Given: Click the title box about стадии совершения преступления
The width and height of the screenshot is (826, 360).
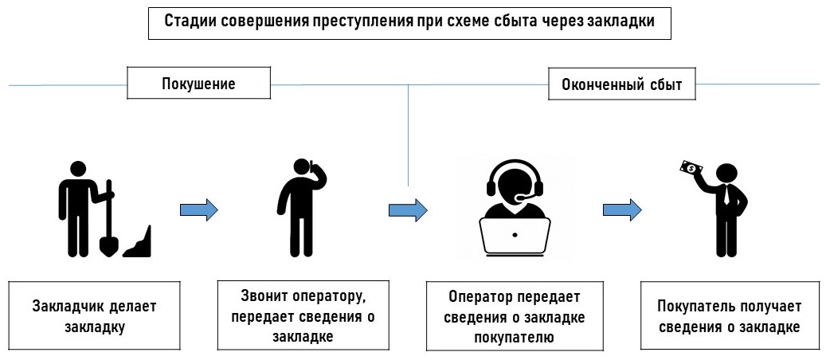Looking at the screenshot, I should coord(409,22).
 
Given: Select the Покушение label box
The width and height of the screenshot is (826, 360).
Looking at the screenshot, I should coord(198,83).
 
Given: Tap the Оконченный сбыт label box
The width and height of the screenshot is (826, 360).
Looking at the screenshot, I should coord(621,84).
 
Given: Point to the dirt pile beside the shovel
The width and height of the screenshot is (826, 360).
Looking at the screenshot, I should coord(139,243).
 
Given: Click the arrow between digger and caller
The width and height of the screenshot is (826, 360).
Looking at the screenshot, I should coord(198,210).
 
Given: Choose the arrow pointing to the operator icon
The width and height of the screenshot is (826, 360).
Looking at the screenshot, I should coord(407,210).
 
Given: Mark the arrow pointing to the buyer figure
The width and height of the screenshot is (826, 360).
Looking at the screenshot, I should coord(621,210).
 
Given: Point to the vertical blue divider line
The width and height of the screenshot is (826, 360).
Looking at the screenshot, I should coord(409,135).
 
